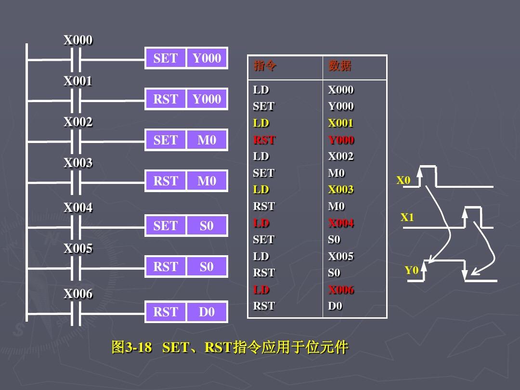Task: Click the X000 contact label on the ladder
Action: pos(78,40)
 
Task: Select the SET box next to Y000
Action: pos(165,58)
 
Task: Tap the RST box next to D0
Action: pos(165,312)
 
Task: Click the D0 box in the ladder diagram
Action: pos(207,312)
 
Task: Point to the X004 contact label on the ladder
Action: pos(78,208)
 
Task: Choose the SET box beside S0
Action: pos(165,226)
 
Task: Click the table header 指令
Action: pos(265,66)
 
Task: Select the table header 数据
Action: pos(340,66)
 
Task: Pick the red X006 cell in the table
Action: pos(341,289)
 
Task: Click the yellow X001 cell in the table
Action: pos(340,123)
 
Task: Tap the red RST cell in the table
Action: pos(264,140)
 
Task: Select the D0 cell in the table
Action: pos(335,306)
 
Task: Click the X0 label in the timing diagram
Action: pos(403,181)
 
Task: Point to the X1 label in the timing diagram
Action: pos(407,218)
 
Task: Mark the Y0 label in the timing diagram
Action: pos(411,271)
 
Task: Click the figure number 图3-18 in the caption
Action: pos(131,347)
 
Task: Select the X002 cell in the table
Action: pos(340,156)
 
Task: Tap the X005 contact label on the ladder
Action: pos(78,248)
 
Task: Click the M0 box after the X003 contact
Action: pos(207,181)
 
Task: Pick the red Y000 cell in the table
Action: pos(341,140)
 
